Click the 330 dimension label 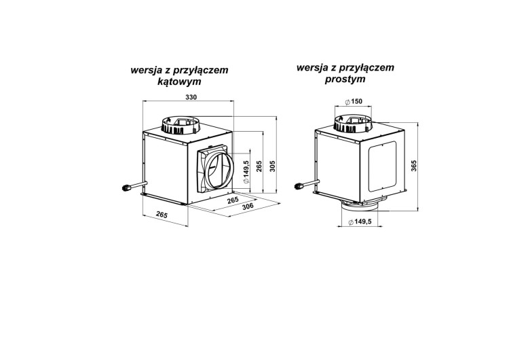[191, 97]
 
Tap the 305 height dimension [272, 166]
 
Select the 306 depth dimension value [248, 205]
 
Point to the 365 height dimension [413, 166]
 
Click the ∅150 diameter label [354, 101]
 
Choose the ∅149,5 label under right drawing [360, 222]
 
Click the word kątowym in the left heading [179, 82]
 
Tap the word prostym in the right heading [345, 79]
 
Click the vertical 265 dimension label [259, 166]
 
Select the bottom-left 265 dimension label [162, 215]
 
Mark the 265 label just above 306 [233, 200]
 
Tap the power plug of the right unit [299, 187]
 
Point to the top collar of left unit [181, 124]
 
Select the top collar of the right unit [354, 124]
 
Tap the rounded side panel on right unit [382, 166]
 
